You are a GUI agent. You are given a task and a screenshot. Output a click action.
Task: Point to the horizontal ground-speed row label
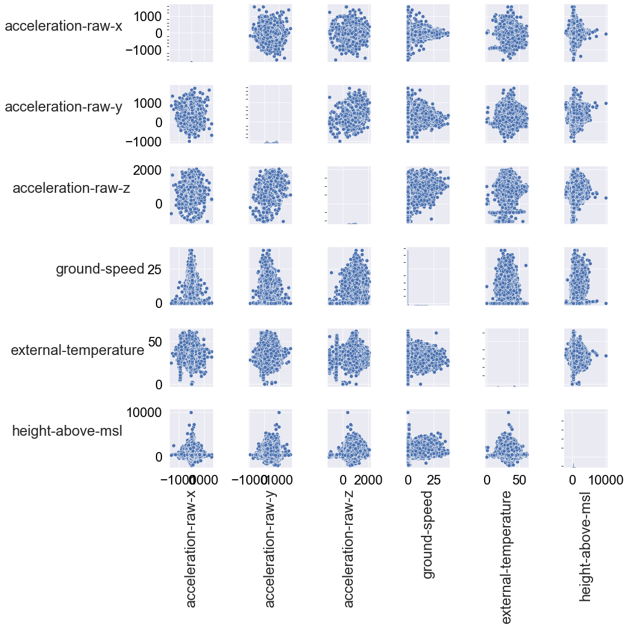point(100,269)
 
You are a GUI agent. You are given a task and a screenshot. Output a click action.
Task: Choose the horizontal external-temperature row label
point(78,350)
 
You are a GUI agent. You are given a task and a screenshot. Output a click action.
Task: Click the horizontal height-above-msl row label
point(67,431)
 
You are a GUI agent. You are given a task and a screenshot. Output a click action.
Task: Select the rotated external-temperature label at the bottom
point(507,557)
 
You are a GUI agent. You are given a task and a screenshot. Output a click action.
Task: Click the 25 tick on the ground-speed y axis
point(154,269)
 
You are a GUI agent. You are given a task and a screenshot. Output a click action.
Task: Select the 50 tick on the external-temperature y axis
point(154,342)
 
